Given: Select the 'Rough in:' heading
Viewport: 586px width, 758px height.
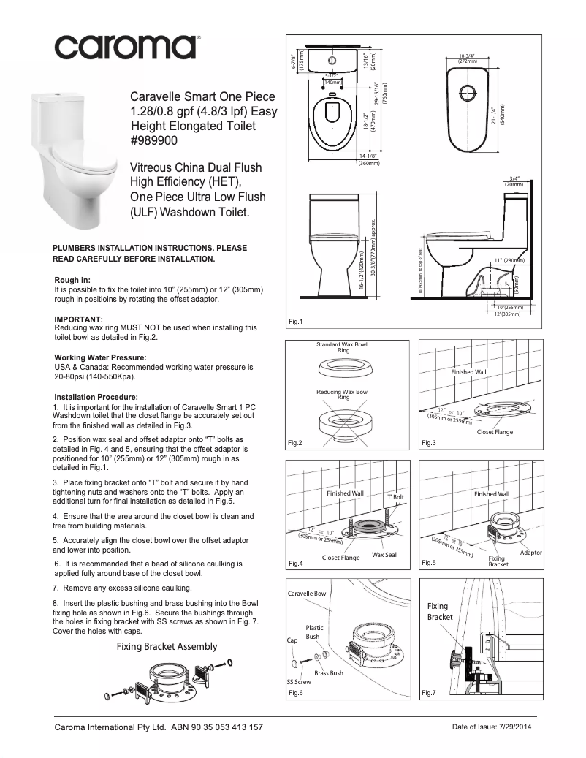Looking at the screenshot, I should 73,280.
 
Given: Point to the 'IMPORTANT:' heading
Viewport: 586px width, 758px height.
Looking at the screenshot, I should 79,319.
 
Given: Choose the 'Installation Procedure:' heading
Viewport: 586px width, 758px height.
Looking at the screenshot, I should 96,397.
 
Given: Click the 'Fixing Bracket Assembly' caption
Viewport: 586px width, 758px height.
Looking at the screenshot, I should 167,646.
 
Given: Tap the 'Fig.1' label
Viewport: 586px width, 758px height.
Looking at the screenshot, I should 296,322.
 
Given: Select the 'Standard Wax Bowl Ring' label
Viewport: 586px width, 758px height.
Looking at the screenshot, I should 342,346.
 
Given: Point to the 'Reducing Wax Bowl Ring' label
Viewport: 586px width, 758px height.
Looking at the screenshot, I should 342,395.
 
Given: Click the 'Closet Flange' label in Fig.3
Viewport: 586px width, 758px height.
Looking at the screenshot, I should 495,432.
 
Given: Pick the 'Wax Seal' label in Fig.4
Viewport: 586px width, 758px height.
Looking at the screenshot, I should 384,555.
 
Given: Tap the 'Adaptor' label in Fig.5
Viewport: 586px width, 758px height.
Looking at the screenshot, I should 530,553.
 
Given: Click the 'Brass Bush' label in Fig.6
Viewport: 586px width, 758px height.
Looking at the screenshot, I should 328,672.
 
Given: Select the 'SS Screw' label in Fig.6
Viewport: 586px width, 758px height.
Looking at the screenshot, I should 298,681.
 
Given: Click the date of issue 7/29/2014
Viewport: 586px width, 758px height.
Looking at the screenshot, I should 489,728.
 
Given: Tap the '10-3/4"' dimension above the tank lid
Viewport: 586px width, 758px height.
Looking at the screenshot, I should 468,56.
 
